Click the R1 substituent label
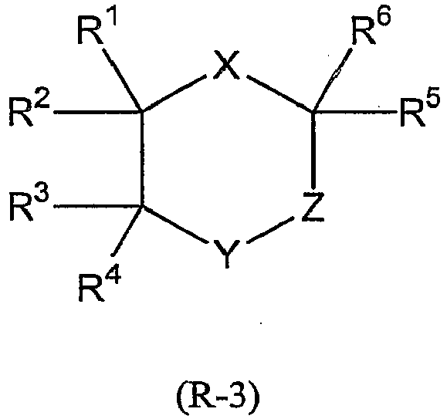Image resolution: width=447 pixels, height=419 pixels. (97, 28)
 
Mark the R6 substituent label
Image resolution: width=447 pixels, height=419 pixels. (371, 28)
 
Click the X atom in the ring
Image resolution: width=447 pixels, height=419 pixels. (227, 66)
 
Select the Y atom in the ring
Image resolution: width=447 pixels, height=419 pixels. (227, 254)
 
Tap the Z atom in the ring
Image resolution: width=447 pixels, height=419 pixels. (313, 207)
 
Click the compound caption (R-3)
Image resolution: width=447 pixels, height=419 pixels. (218, 397)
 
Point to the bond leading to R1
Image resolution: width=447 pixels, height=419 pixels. (122, 79)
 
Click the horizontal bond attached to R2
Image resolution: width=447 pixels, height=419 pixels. (98, 113)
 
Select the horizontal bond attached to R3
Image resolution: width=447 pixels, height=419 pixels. (98, 206)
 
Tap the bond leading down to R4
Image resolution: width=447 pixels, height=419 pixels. (127, 230)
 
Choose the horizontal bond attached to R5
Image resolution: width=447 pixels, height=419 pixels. (355, 111)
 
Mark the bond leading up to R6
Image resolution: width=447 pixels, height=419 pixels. (332, 79)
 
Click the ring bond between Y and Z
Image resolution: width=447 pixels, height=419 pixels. (270, 230)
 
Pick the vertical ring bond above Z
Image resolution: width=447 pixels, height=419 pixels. (313, 150)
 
